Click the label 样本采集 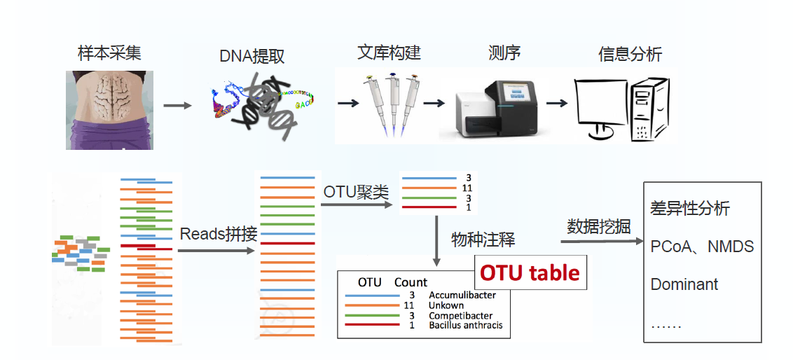coord(109,54)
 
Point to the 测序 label coord(504,53)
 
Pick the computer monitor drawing coord(600,109)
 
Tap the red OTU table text coord(530,272)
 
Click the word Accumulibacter coord(462,295)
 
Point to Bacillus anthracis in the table coord(465,325)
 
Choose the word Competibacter coord(460,315)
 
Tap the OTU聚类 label coord(356,191)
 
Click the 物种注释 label coord(483,240)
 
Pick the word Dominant coord(684,284)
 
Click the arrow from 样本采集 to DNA coord(177,106)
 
